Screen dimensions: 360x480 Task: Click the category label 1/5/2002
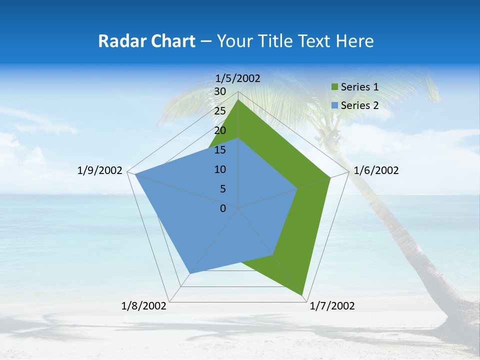pos(238,78)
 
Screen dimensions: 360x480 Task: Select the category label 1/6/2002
pos(376,170)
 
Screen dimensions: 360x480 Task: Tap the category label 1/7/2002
pos(332,306)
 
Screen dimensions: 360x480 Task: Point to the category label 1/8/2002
pos(144,306)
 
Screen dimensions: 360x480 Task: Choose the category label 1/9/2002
pos(100,170)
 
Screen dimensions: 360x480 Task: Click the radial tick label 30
pos(220,91)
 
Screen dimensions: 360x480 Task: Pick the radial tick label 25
pos(220,111)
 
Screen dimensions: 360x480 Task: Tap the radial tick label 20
pos(220,130)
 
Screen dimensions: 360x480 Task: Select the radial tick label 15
pos(220,150)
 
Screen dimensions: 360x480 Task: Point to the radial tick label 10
pos(220,169)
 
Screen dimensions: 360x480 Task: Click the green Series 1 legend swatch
pos(335,87)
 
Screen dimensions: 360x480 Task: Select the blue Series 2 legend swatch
pos(335,105)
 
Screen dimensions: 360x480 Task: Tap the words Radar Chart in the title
pos(146,41)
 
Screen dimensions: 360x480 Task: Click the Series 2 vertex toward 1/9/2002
pos(135,174)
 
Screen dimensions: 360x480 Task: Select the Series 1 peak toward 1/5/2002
pos(238,100)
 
